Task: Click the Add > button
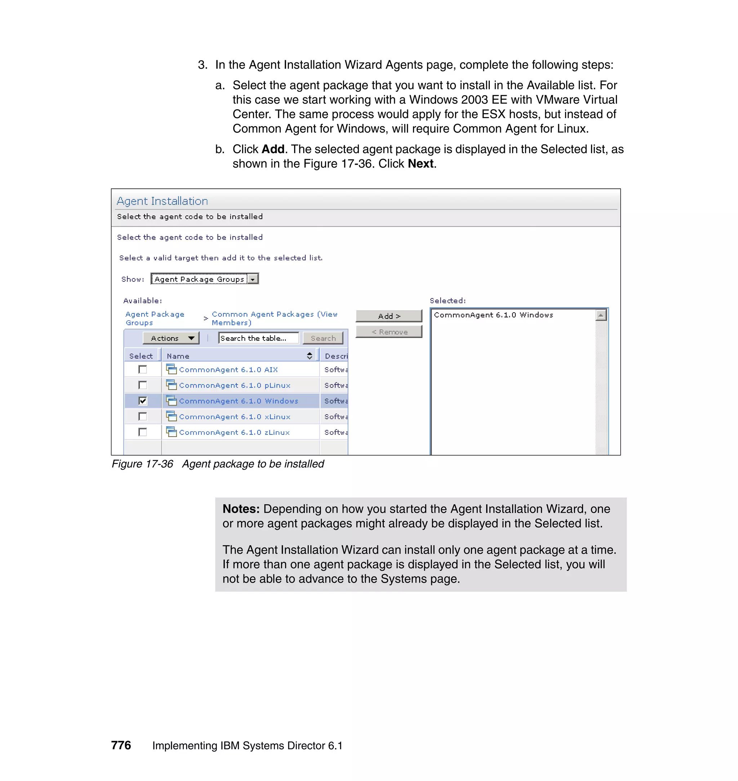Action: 389,316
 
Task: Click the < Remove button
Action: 389,332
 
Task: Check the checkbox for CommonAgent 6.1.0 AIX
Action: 143,369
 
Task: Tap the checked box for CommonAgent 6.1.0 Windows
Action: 143,401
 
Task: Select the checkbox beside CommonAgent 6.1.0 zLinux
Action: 143,432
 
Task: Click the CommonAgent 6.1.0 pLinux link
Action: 235,385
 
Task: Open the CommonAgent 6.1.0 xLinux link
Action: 235,417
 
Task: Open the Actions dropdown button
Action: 171,338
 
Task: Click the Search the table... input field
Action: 258,338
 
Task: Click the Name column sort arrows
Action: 310,356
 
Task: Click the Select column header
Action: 141,356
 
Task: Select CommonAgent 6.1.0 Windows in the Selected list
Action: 493,315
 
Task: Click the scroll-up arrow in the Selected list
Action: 601,315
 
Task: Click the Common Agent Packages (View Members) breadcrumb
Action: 274,318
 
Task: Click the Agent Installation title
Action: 162,201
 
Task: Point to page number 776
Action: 121,745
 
